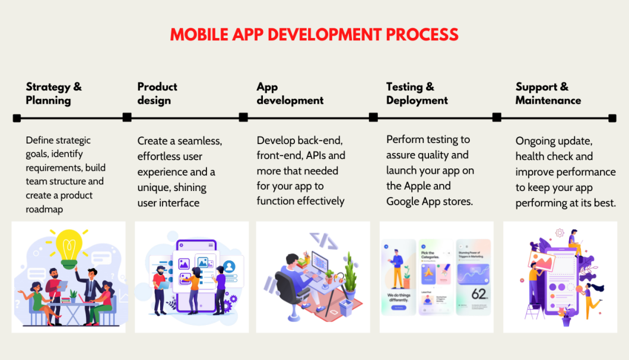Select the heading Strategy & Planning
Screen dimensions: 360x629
[53, 94]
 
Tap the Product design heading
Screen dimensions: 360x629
[157, 94]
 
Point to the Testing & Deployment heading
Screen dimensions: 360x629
[417, 94]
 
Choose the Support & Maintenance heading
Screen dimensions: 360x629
[548, 94]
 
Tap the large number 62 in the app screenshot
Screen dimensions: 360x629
[478, 294]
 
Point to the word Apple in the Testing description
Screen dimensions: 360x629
[418, 186]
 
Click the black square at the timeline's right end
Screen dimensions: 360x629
[612, 118]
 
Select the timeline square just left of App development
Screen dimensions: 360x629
[243, 117]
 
